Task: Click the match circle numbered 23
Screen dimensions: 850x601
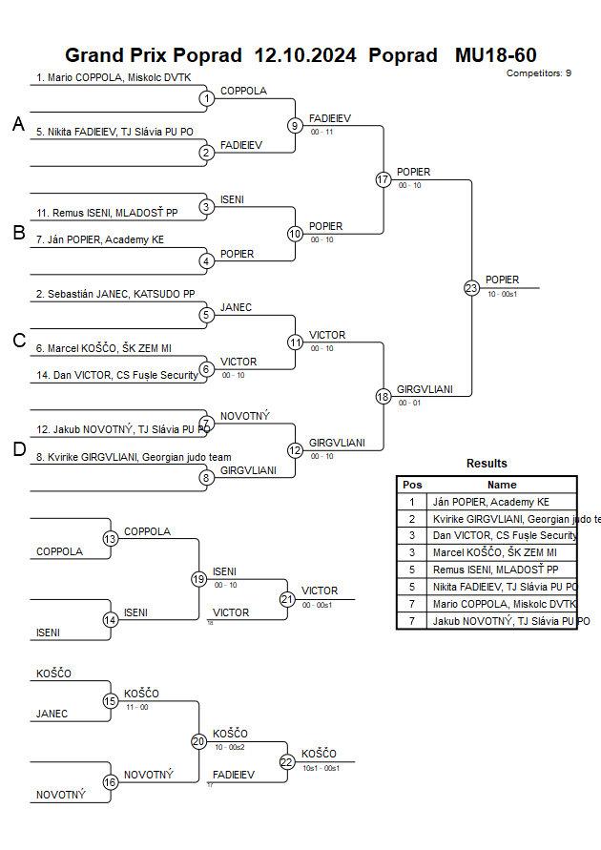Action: click(471, 288)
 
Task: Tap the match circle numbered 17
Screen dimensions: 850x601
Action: click(383, 179)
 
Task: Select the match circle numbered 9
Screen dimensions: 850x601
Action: click(295, 125)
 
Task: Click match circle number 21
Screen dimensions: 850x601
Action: click(287, 599)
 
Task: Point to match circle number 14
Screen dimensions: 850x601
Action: click(111, 620)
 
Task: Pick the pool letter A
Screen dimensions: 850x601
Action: click(18, 124)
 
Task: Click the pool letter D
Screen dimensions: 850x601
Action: click(18, 449)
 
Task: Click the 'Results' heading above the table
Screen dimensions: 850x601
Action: click(487, 464)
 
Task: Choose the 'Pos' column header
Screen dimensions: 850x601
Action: click(412, 485)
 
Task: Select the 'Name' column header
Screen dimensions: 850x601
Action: click(502, 485)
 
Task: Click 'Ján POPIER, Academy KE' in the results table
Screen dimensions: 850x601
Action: click(491, 502)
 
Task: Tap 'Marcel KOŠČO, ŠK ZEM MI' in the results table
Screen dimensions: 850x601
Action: click(493, 553)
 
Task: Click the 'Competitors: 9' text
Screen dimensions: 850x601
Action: click(539, 73)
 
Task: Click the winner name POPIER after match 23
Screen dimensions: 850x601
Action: click(502, 280)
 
